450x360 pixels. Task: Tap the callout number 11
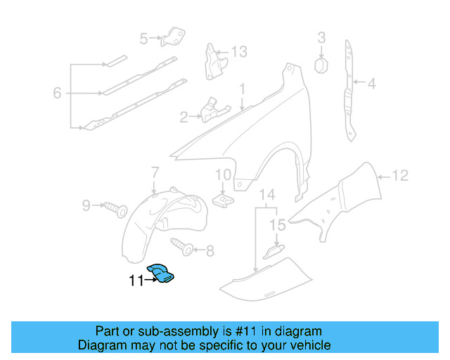click(x=136, y=281)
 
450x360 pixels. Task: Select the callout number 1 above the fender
click(x=241, y=89)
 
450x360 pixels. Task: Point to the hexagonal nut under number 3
click(x=321, y=65)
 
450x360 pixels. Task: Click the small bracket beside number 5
click(x=173, y=36)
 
